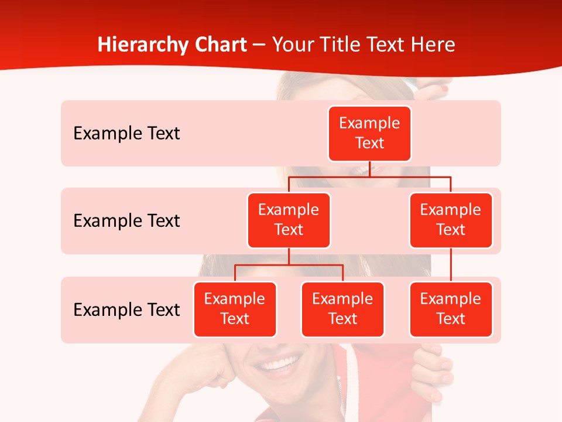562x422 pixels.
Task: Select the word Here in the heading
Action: (433, 45)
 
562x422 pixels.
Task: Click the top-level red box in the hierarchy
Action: (369, 133)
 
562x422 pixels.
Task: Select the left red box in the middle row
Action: (289, 220)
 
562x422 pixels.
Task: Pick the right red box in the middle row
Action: (451, 220)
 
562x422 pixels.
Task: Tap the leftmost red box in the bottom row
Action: (235, 309)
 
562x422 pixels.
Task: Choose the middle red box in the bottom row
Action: (342, 309)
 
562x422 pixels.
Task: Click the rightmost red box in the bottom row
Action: (451, 309)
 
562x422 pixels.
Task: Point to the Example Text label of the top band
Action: (126, 134)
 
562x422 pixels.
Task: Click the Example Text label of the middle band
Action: (126, 221)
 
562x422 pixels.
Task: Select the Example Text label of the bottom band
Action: (126, 309)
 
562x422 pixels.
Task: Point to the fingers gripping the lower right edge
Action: (436, 375)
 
